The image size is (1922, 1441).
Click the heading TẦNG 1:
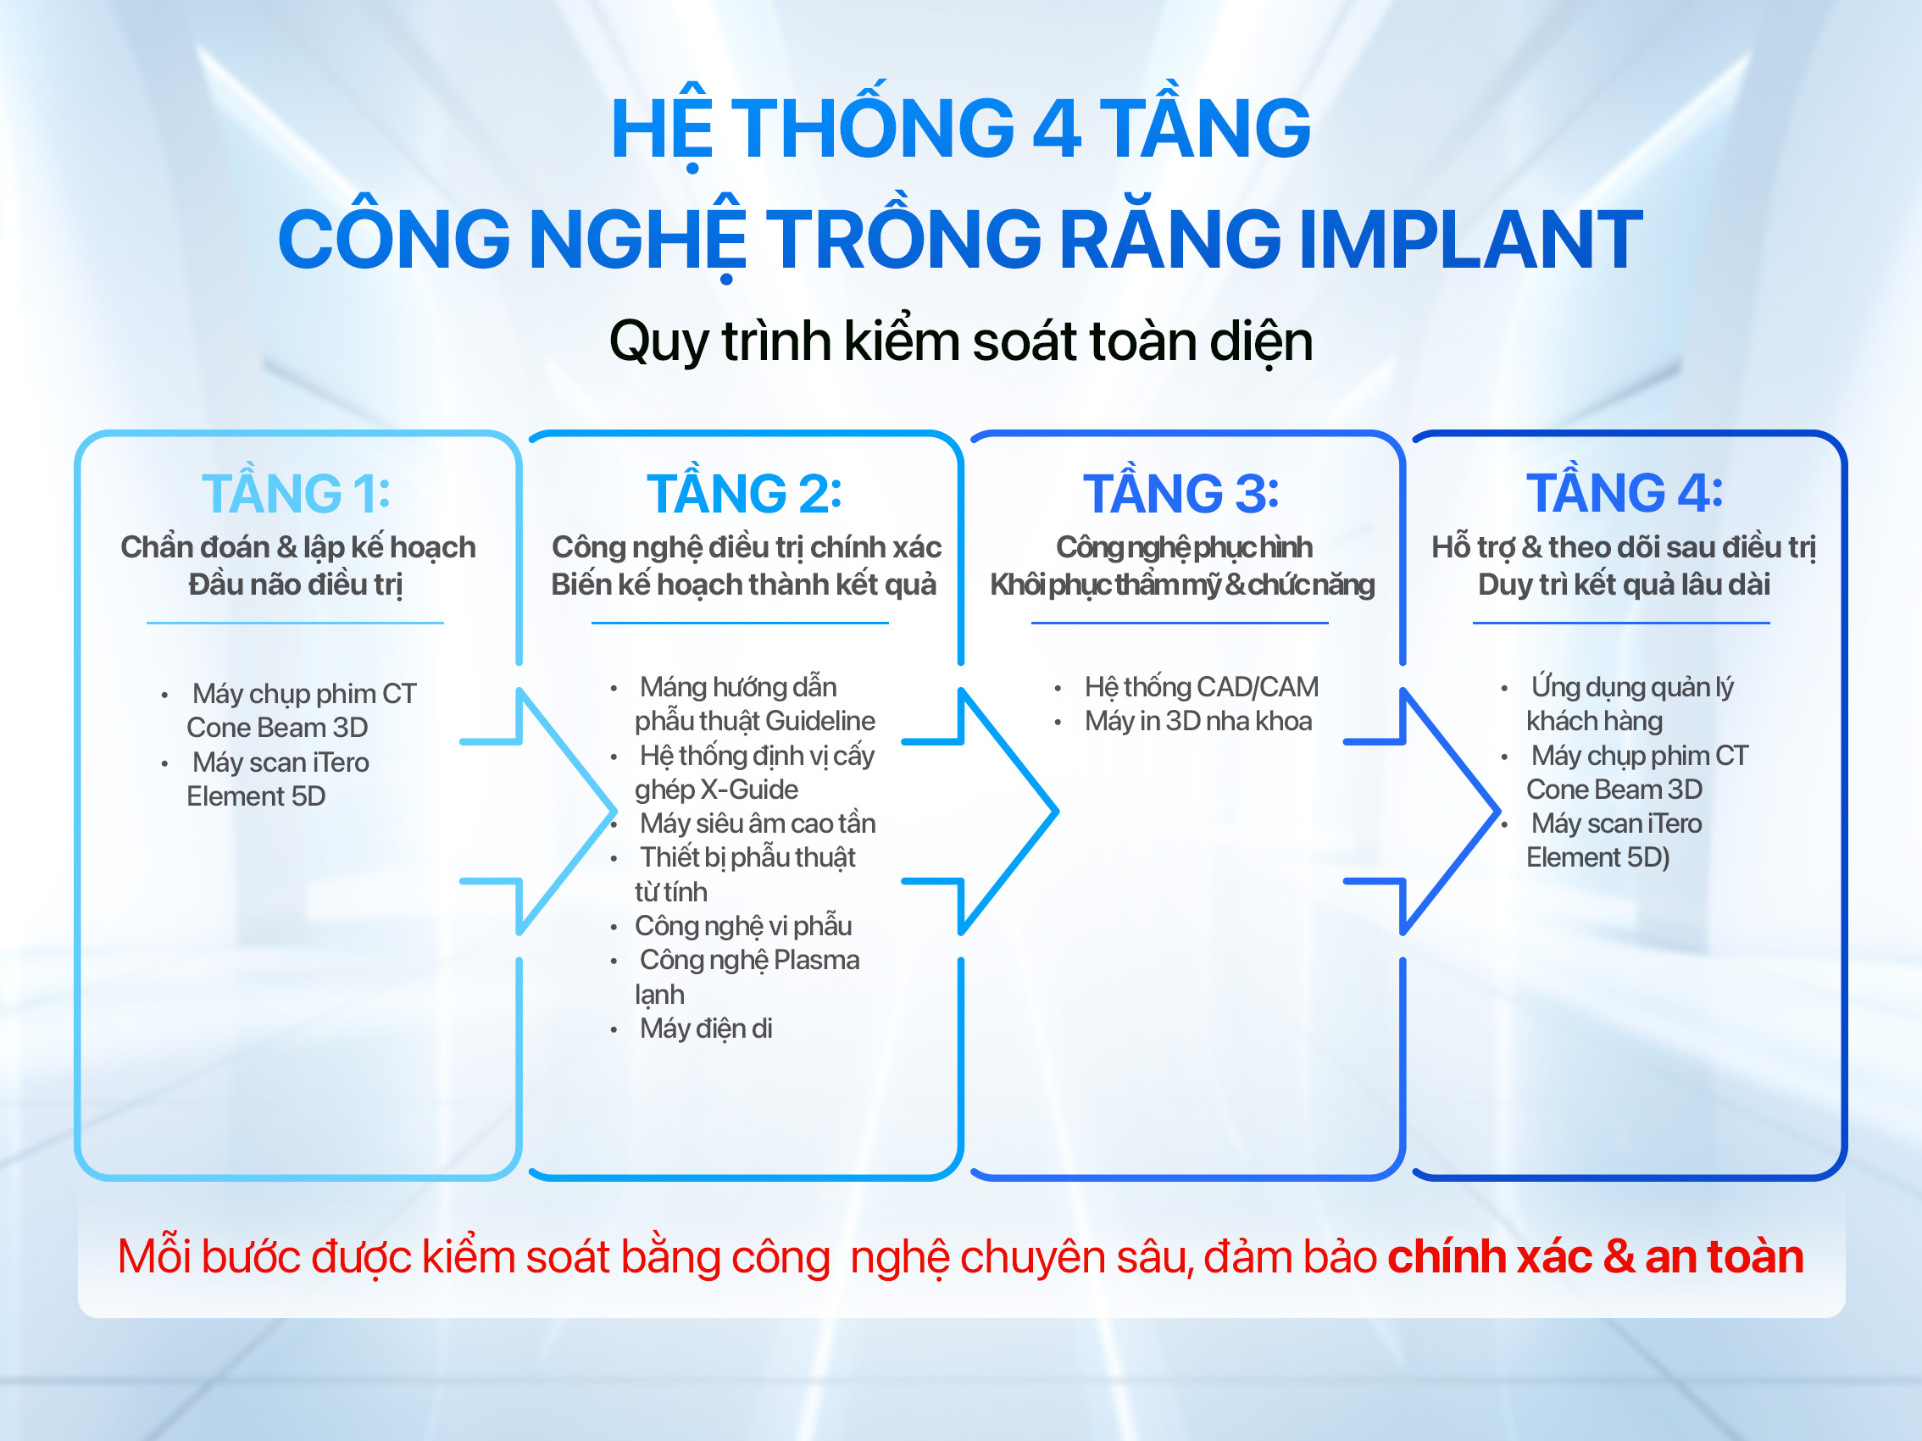coord(297,493)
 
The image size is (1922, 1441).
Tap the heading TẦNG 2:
coord(744,493)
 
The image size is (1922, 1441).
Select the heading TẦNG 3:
coord(1180,493)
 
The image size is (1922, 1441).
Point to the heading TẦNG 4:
coord(1624,493)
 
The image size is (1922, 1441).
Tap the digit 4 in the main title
coord(1057,130)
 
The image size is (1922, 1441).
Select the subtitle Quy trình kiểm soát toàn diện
coord(960,341)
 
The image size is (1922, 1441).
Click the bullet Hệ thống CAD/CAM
coord(1201,687)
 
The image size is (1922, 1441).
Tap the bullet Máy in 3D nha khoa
coord(1197,721)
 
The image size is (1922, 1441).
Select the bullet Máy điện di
coord(706,1028)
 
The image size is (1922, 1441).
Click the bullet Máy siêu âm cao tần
coord(757,823)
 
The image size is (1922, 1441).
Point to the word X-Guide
coord(749,790)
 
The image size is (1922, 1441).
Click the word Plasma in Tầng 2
coord(816,960)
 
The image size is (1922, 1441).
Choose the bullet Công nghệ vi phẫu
coord(743,926)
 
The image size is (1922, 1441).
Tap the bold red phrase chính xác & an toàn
coord(1594,1257)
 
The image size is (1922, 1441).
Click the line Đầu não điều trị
coord(296,585)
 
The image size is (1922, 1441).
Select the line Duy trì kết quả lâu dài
coord(1623,585)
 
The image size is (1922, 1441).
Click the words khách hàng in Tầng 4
coord(1593,721)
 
